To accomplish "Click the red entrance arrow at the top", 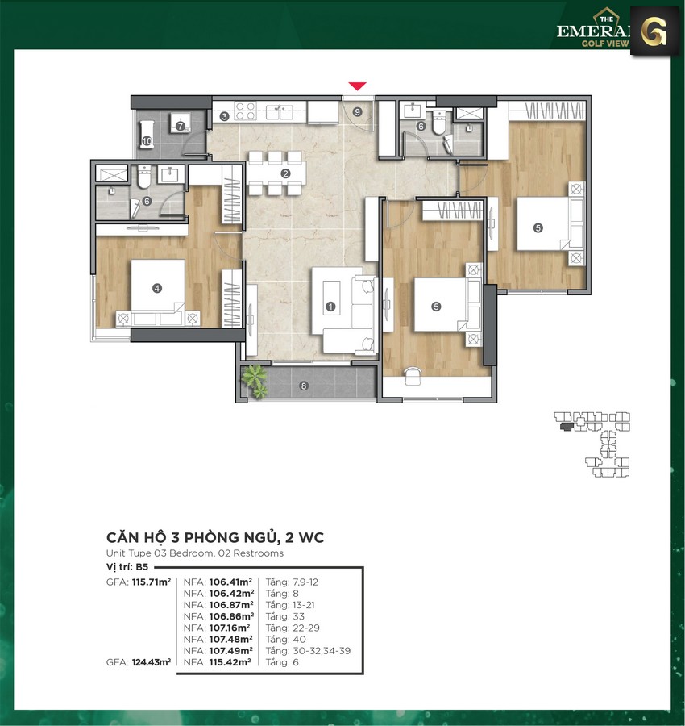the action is click(x=357, y=86).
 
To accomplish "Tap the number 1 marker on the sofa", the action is click(x=330, y=306).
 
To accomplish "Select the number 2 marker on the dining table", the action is click(x=285, y=174).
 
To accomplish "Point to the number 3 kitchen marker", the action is click(x=224, y=116).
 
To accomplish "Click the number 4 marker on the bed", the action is click(x=157, y=288).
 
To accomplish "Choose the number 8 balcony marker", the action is click(x=304, y=386).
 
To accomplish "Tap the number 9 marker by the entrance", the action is click(x=357, y=111).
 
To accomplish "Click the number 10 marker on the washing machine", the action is click(x=147, y=141).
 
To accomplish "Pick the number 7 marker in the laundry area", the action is click(x=180, y=126).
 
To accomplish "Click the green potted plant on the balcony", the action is click(x=255, y=381).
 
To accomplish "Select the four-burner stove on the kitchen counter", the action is click(x=245, y=111).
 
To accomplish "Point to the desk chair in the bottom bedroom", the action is click(x=413, y=376).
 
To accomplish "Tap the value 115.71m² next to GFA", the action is click(x=152, y=582).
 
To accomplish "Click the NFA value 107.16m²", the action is click(x=230, y=628).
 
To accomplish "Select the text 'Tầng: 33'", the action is click(x=285, y=617).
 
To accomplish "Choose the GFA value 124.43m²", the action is click(x=152, y=662).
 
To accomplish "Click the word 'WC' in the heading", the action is click(x=311, y=537).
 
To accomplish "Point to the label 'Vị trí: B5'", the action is click(x=127, y=567).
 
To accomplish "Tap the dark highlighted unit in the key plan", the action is click(x=566, y=427).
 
